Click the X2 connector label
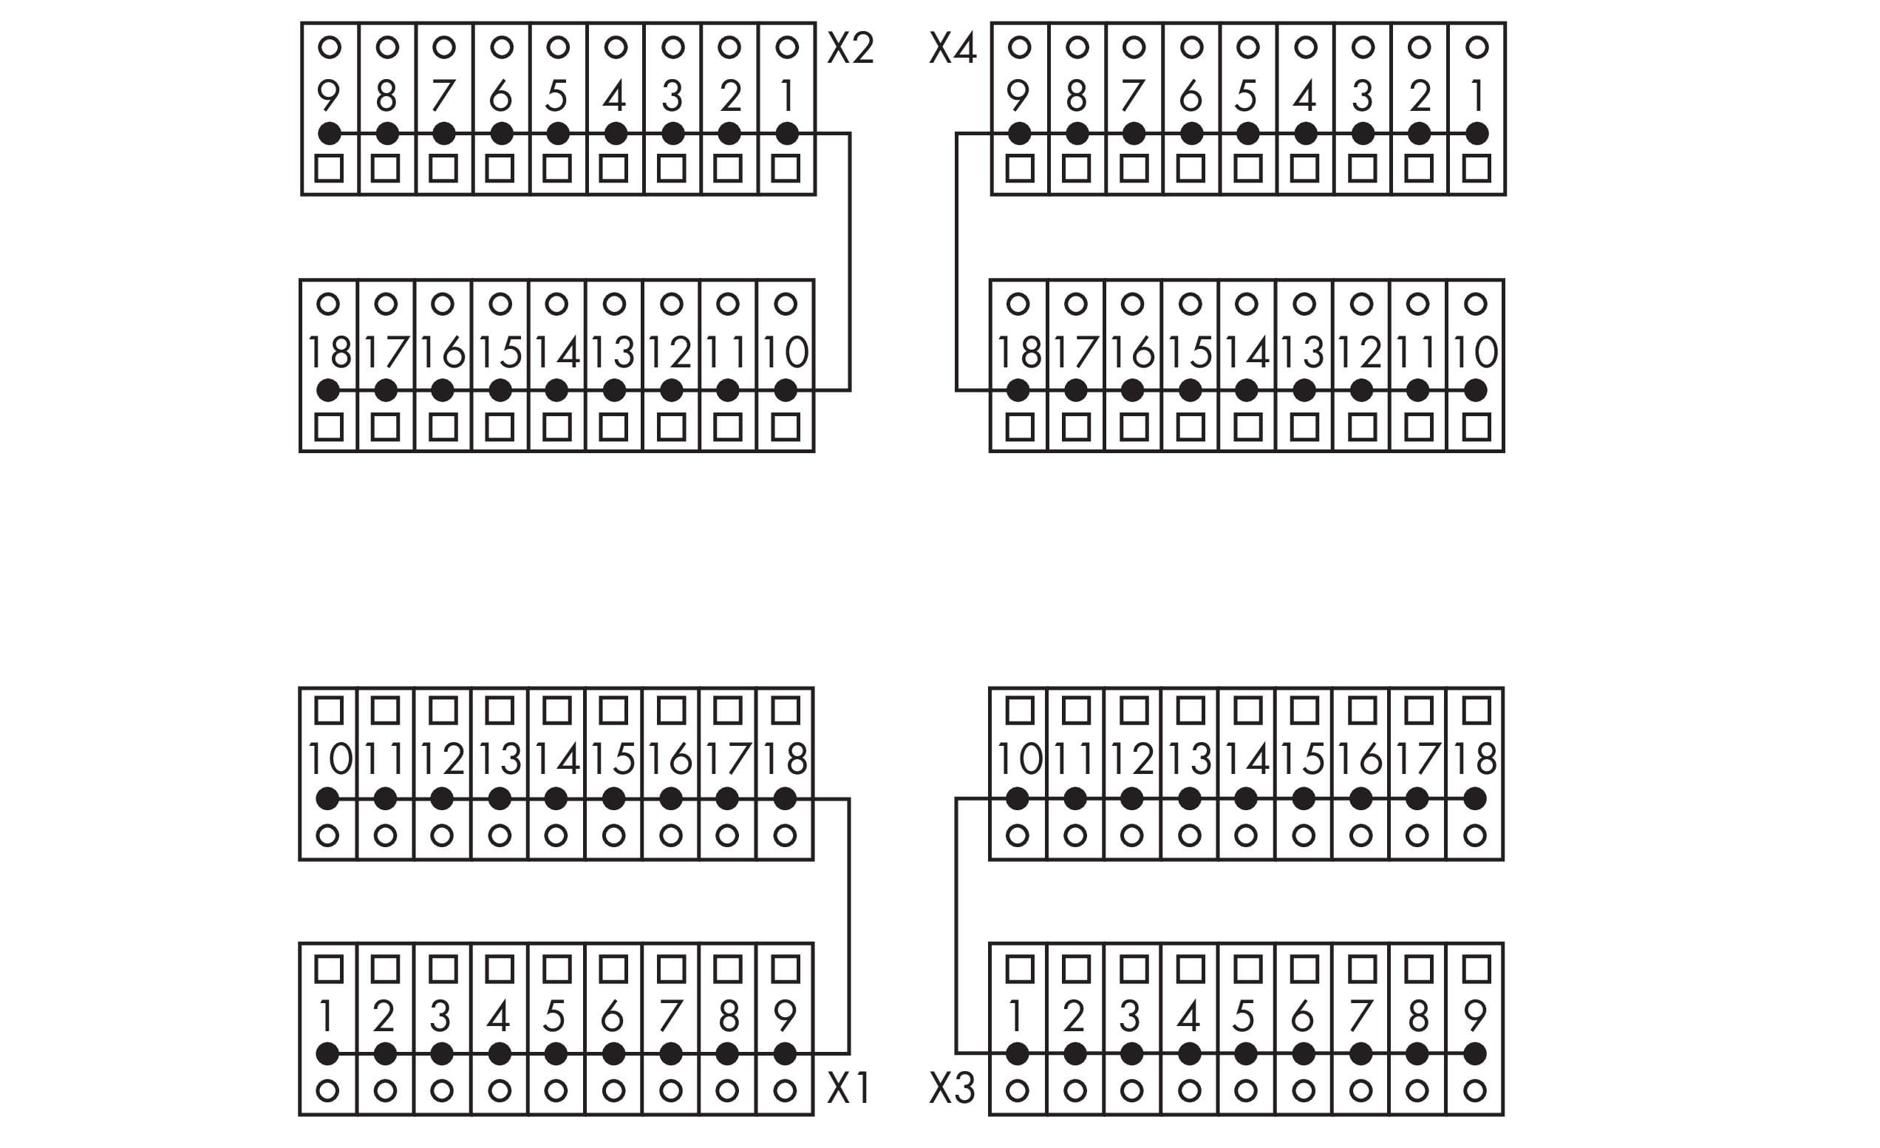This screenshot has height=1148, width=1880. click(x=850, y=49)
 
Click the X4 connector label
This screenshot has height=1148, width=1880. click(x=953, y=49)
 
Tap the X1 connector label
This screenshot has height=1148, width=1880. click(x=848, y=1087)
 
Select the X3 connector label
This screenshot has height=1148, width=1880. click(x=953, y=1087)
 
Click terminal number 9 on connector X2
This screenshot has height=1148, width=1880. click(x=328, y=96)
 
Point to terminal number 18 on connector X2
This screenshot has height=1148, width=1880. click(x=328, y=353)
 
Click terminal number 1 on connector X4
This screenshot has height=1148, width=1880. click(x=1477, y=96)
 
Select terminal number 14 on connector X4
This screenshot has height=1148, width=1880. click(x=1247, y=353)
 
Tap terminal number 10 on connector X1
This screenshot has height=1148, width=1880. click(x=328, y=759)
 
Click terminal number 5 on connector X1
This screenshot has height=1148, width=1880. click(x=556, y=1016)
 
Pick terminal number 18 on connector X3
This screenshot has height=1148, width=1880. click(x=1476, y=759)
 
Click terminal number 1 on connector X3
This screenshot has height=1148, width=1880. click(x=1016, y=1016)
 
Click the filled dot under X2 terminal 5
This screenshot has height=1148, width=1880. click(x=558, y=134)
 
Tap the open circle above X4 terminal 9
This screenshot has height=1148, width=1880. click(x=1019, y=47)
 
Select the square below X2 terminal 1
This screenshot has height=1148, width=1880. click(x=786, y=168)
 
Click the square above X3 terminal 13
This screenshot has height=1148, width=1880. click(x=1190, y=710)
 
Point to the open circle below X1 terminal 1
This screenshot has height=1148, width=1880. click(x=327, y=1090)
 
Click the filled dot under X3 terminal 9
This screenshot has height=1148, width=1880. click(x=1476, y=1054)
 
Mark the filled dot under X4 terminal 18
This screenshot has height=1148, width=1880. click(x=1018, y=390)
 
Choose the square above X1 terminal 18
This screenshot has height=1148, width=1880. click(x=785, y=710)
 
